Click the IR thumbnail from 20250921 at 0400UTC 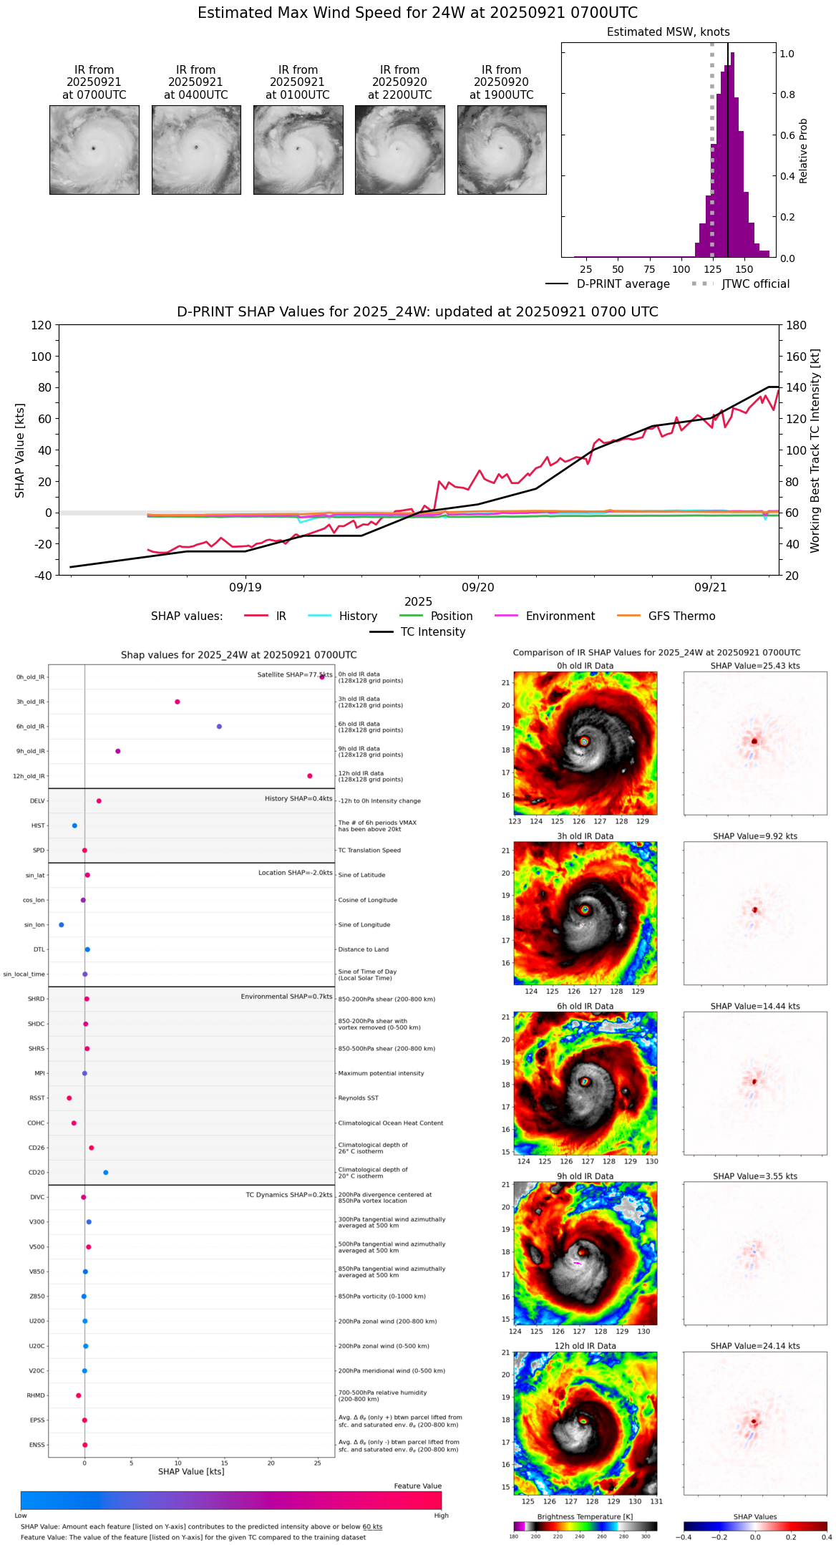196,150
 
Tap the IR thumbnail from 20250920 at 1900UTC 502,150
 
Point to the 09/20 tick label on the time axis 477,587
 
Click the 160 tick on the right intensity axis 797,357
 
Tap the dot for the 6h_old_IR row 219,727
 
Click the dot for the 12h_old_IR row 310,776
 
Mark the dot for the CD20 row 106,1173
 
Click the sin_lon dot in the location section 62,925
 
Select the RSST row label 37,1098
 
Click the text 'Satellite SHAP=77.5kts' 294,675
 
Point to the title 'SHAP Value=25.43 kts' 755,666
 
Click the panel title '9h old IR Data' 585,1176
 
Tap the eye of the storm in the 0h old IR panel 584,742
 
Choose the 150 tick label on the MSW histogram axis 744,270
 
